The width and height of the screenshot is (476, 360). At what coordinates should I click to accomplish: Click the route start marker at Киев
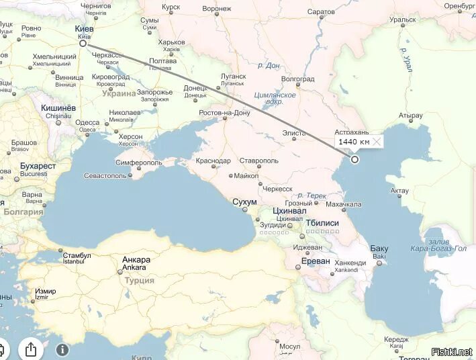click(83, 43)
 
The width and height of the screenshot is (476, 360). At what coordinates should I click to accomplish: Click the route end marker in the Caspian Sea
click(354, 159)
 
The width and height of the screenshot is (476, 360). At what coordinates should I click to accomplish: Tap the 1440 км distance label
click(353, 142)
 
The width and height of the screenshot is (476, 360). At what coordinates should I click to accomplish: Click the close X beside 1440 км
click(377, 142)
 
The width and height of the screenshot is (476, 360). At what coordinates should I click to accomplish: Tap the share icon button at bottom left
click(31, 349)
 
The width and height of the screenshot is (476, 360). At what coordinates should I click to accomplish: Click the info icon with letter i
click(62, 349)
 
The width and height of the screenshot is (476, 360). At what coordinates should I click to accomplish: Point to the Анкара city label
click(136, 260)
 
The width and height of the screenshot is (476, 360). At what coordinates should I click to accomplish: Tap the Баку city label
click(379, 249)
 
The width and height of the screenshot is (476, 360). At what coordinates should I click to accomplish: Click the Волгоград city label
click(297, 79)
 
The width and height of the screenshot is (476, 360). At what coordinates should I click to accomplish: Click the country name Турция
click(139, 280)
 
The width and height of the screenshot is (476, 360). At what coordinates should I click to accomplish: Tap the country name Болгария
click(23, 212)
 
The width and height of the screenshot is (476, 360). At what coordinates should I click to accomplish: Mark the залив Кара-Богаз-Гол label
click(438, 244)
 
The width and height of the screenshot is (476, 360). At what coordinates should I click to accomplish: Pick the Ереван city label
click(316, 261)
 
